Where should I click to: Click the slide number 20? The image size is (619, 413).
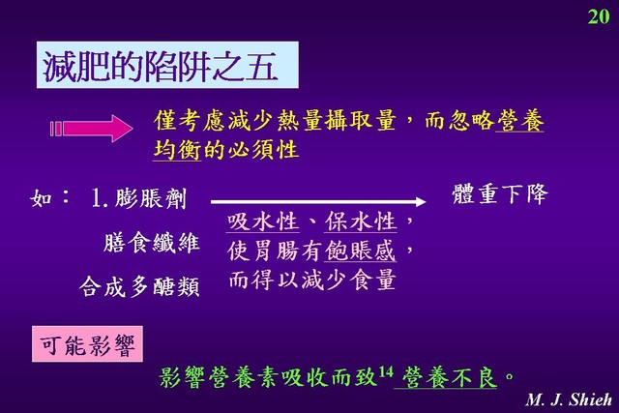pyautogui.click(x=599, y=16)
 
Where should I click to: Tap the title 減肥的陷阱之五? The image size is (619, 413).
pyautogui.click(x=160, y=66)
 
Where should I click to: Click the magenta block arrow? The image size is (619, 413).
pyautogui.click(x=91, y=129)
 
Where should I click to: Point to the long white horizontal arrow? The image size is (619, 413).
pyautogui.click(x=318, y=202)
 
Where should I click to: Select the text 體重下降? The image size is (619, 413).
pyautogui.click(x=499, y=193)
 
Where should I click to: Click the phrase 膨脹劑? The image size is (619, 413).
pyautogui.click(x=151, y=198)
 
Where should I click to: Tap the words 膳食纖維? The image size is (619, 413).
pyautogui.click(x=152, y=242)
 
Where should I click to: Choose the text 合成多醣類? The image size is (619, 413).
pyautogui.click(x=139, y=286)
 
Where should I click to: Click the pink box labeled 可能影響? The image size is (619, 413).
pyautogui.click(x=87, y=344)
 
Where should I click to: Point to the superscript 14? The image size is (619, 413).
pyautogui.click(x=386, y=371)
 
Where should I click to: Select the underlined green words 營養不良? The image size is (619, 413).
pyautogui.click(x=449, y=377)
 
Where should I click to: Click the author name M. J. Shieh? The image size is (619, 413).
pyautogui.click(x=569, y=399)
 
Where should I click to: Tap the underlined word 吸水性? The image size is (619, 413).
pyautogui.click(x=262, y=221)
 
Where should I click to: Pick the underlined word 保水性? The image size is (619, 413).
pyautogui.click(x=361, y=221)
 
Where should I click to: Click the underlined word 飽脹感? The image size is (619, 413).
pyautogui.click(x=361, y=251)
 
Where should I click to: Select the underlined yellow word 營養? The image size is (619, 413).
pyautogui.click(x=519, y=121)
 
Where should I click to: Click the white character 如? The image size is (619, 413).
pyautogui.click(x=42, y=197)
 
